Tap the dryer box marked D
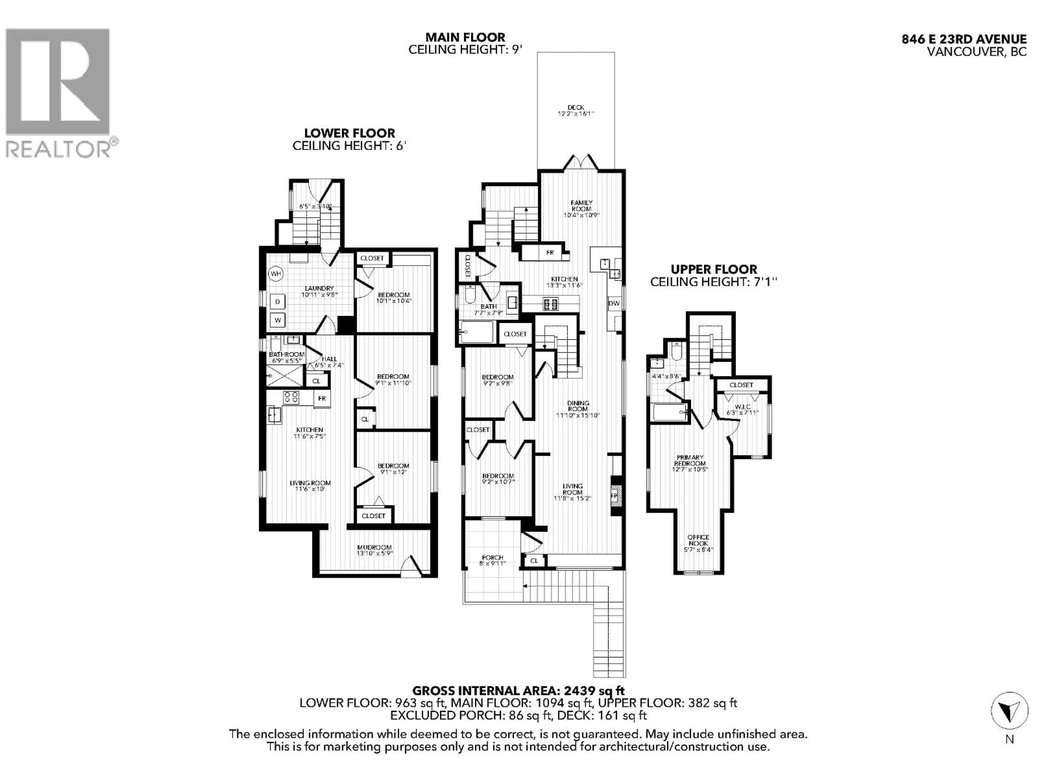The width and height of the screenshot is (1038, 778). point(277,301)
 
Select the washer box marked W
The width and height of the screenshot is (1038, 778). point(277,320)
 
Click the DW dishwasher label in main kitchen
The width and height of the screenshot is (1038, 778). point(614,303)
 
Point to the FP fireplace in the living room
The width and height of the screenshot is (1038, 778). point(614,496)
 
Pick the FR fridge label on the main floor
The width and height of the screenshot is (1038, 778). point(550,253)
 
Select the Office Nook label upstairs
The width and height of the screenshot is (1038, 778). point(698,540)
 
